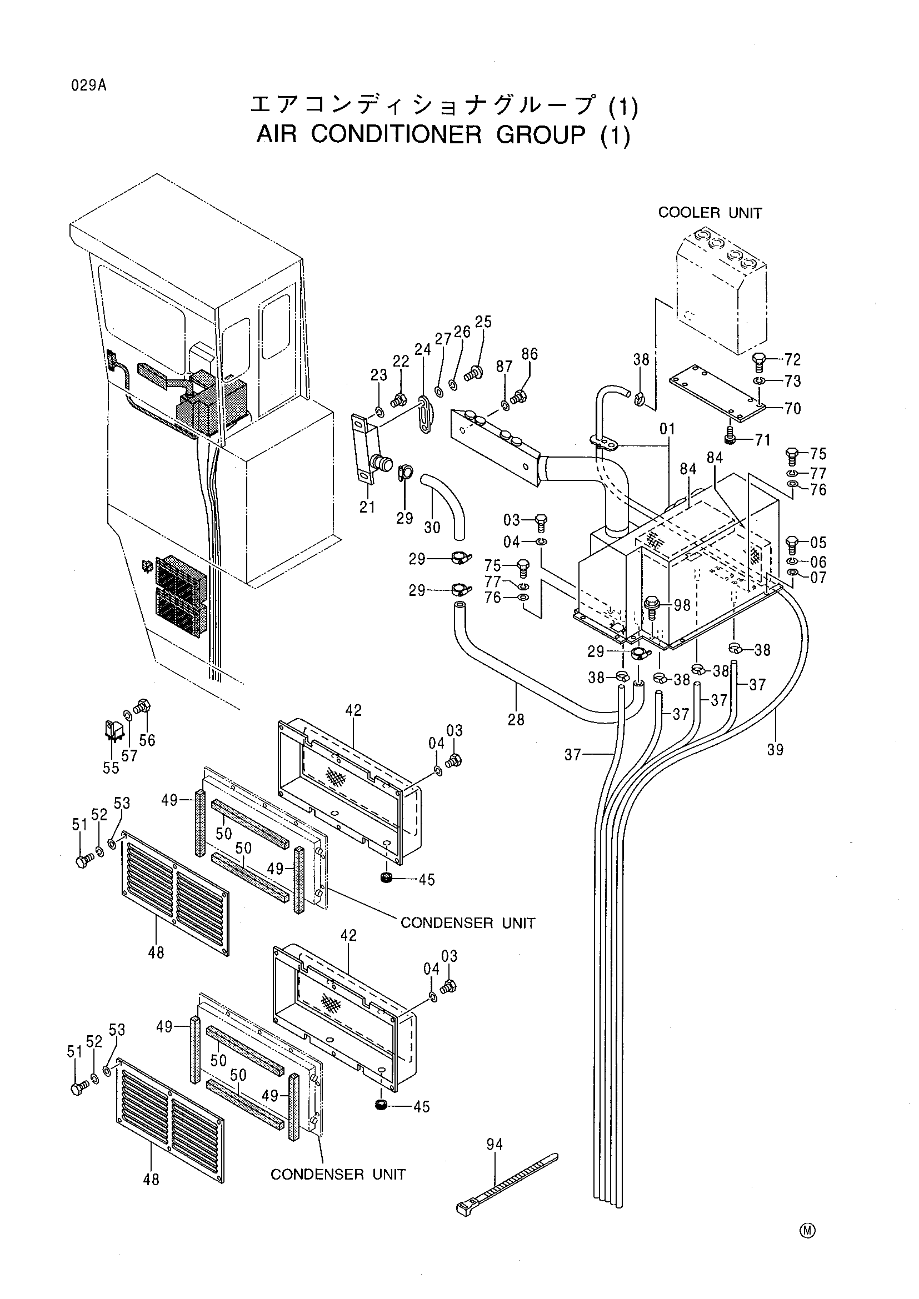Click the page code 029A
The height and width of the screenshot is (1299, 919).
[x=89, y=86]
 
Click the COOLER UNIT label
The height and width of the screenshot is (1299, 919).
[x=710, y=213]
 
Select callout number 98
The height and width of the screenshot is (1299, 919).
[x=682, y=605]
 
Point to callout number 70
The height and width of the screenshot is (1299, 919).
[x=793, y=408]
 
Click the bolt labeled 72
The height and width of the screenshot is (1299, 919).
[x=760, y=362]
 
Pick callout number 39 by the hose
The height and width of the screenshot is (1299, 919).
[x=775, y=749]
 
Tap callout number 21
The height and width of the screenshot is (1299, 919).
[x=367, y=507]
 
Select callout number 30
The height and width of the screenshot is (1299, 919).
[x=432, y=527]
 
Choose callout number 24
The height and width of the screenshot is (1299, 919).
[x=423, y=350]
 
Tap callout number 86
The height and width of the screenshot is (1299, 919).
[x=530, y=354]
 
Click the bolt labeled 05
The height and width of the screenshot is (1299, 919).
[x=792, y=545]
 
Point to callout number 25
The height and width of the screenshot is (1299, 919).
[x=483, y=322]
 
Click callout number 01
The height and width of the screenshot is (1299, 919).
[x=668, y=429]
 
